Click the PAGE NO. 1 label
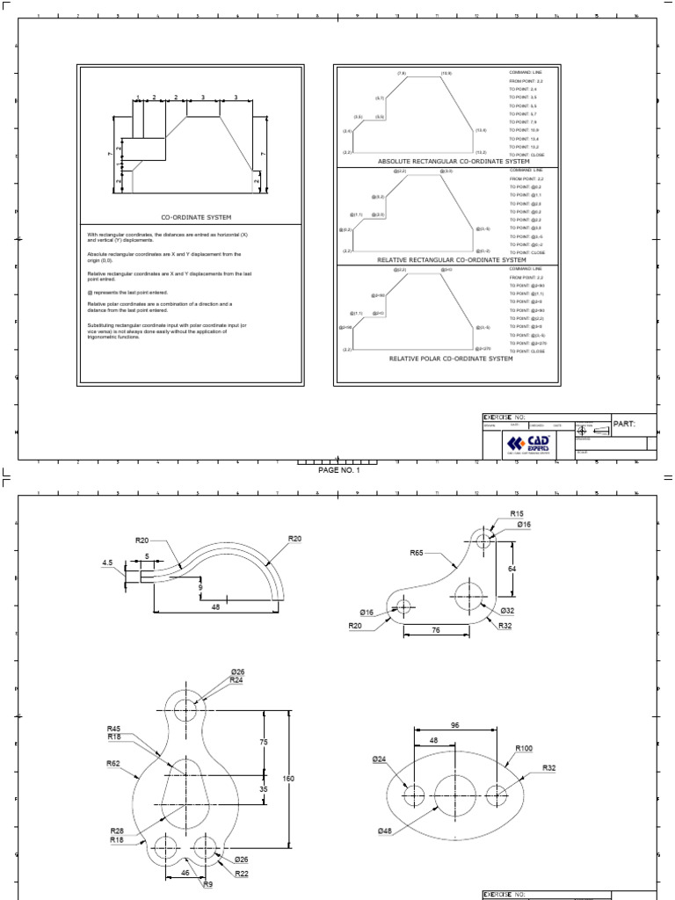[x=338, y=470]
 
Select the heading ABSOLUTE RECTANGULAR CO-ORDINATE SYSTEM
[x=454, y=162]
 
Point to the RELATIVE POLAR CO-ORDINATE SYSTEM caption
[x=450, y=359]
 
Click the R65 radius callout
[x=417, y=553]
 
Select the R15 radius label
[x=516, y=513]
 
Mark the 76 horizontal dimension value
[x=436, y=629]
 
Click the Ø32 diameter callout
[x=507, y=610]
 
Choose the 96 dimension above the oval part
[x=454, y=725]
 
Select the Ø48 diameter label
[x=385, y=831]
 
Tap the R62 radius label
[x=114, y=764]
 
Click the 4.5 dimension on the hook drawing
[x=107, y=562]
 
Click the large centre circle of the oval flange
[x=455, y=795]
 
